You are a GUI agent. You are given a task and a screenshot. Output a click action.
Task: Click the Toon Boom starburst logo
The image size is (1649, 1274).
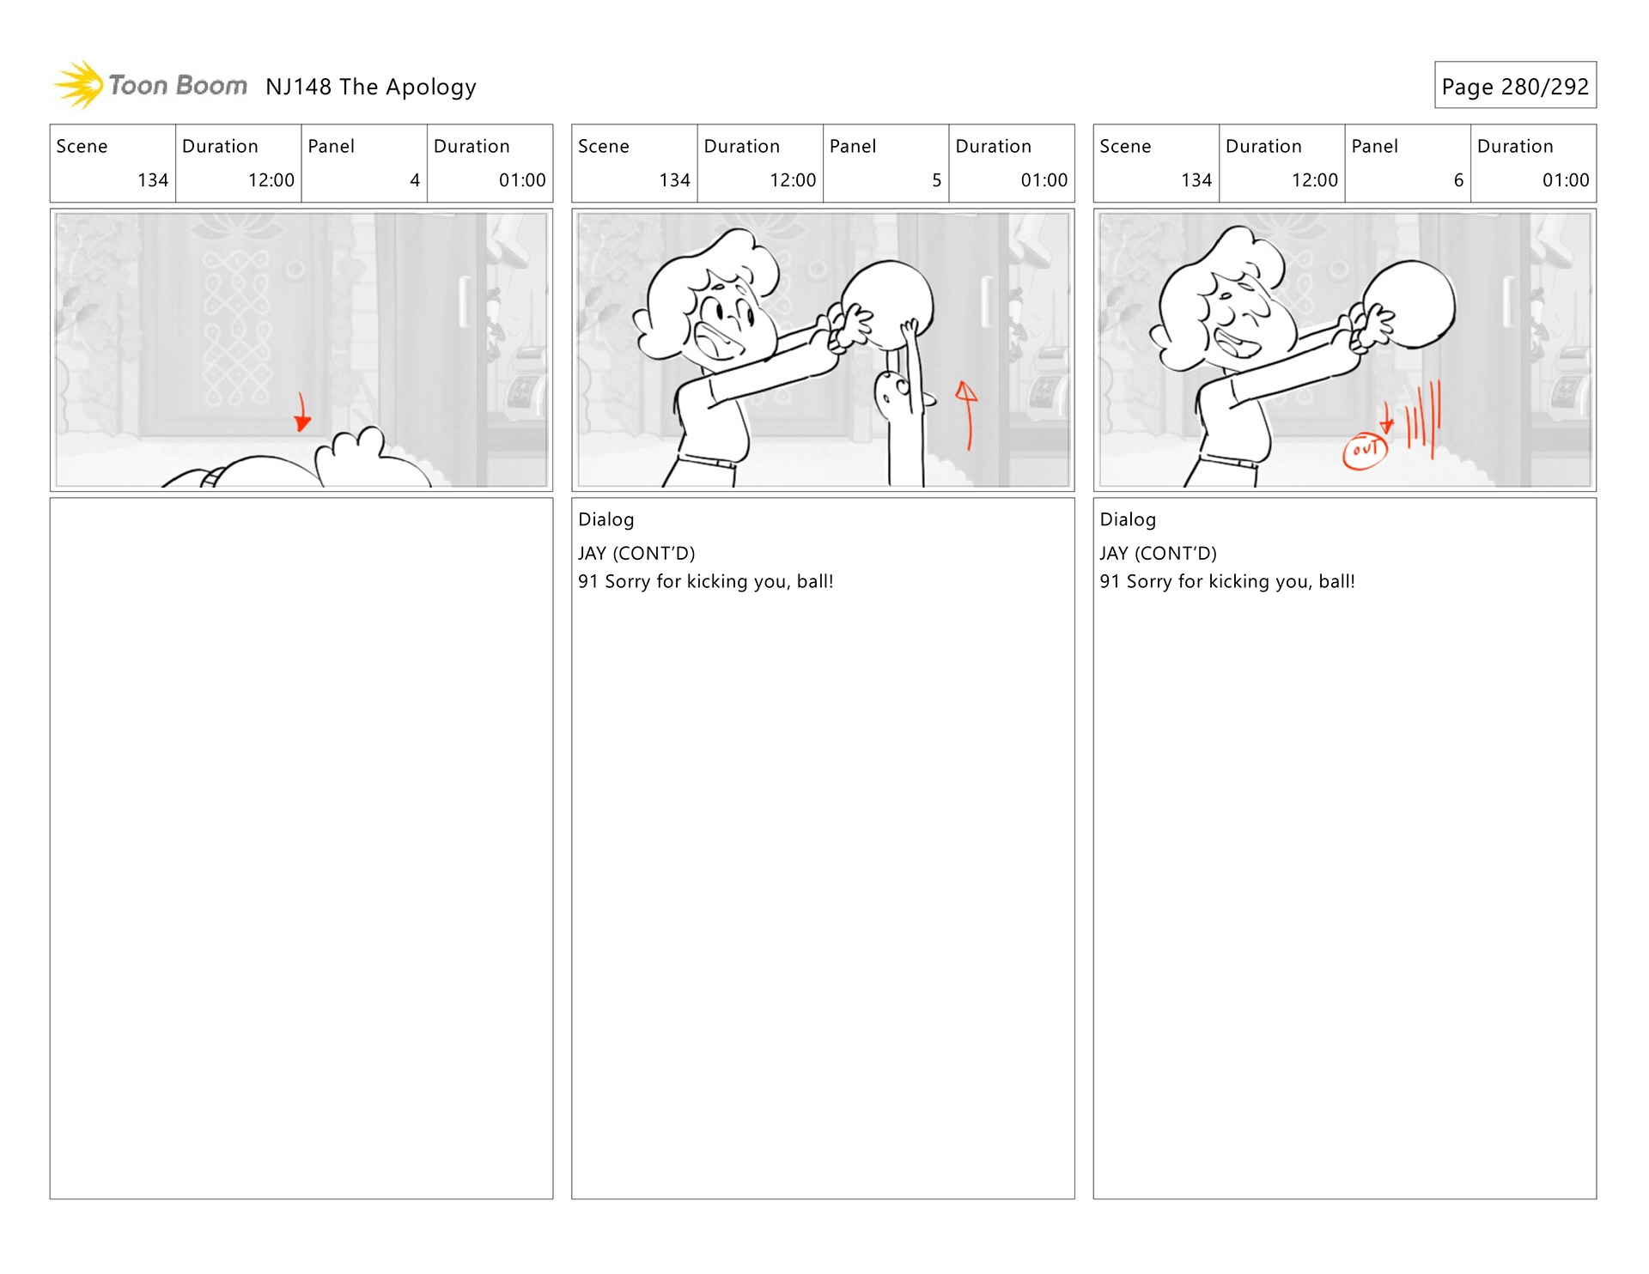pos(79,84)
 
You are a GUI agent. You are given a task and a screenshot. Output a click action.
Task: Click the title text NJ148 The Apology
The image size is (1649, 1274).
pos(371,87)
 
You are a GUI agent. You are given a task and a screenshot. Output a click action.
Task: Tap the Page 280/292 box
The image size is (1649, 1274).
pos(1515,85)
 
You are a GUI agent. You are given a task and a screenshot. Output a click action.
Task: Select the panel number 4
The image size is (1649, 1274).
pos(415,180)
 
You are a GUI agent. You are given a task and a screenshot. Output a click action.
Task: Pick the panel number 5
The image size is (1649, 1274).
pos(937,180)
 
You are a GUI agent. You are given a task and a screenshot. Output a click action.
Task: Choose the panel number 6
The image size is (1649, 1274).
pos(1458,180)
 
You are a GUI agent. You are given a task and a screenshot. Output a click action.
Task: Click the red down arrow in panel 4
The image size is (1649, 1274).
pos(301,411)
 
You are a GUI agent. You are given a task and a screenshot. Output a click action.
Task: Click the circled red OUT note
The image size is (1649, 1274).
pos(1365,450)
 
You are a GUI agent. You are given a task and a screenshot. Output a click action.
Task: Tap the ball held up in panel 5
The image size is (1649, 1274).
pos(886,305)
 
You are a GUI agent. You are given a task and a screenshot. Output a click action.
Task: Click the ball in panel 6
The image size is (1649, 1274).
pos(1409,304)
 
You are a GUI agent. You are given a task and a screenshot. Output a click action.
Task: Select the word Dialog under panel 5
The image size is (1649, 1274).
pos(606,519)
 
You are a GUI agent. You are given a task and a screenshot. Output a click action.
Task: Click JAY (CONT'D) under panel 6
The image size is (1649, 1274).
pos(1158,554)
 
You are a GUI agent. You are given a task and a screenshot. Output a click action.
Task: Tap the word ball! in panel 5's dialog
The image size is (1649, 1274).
pos(815,581)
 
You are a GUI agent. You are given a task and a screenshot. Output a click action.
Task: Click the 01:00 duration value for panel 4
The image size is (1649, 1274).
pos(522,180)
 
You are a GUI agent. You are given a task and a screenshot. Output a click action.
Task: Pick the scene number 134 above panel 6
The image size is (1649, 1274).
pos(1196,180)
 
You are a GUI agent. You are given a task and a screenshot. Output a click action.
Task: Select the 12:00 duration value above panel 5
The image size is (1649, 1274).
pos(793,180)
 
